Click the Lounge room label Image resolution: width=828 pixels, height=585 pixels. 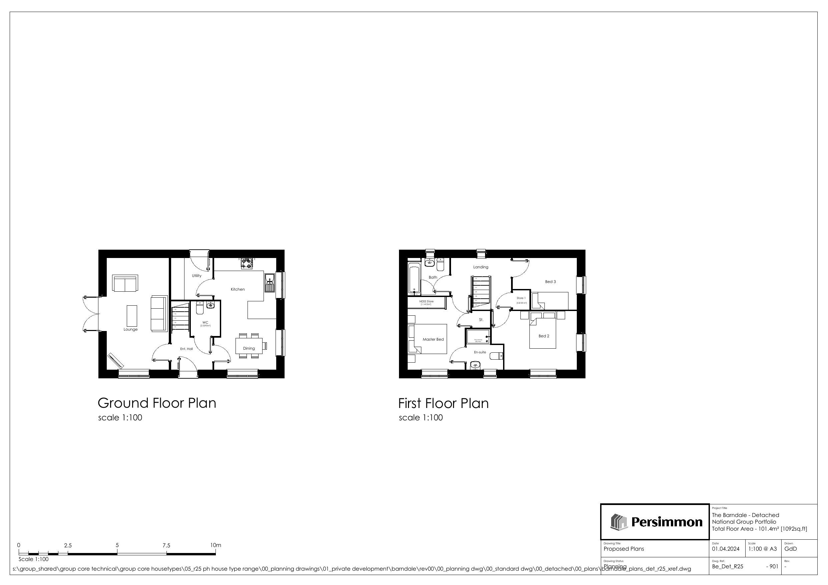[x=130, y=329]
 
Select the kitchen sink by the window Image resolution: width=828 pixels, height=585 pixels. [x=269, y=283]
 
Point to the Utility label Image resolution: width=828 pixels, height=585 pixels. [x=196, y=276]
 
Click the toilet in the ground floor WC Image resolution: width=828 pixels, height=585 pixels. [x=199, y=309]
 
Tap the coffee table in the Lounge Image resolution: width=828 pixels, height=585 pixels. [x=132, y=316]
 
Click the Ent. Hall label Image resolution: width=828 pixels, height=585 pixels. [x=186, y=349]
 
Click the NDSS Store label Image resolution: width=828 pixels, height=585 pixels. [x=426, y=301]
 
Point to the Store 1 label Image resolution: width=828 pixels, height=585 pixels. [x=521, y=298]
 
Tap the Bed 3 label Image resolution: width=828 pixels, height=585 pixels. [x=550, y=282]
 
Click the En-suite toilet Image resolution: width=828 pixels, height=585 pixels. [x=497, y=356]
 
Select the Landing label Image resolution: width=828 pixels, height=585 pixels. [x=481, y=267]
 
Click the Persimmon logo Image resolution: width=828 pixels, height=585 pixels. [x=655, y=522]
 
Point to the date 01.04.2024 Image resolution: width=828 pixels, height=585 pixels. [x=726, y=549]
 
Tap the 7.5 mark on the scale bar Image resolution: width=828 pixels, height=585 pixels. [x=166, y=545]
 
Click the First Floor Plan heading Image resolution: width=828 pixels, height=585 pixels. [x=443, y=403]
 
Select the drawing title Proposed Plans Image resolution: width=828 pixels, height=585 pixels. [x=624, y=549]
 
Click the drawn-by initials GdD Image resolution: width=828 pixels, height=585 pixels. [x=791, y=549]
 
